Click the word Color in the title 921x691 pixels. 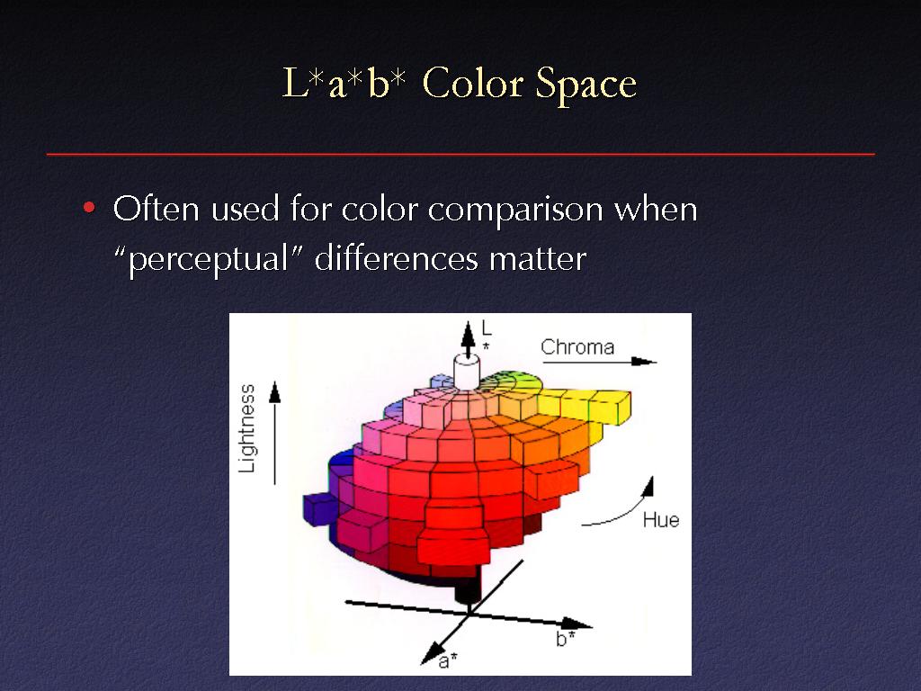[x=473, y=83]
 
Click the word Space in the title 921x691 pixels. [x=586, y=85]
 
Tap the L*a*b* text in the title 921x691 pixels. [x=344, y=83]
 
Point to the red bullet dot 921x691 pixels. [x=89, y=208]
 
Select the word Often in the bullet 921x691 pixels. [x=156, y=208]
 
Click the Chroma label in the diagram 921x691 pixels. [x=577, y=347]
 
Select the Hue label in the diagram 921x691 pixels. [x=661, y=520]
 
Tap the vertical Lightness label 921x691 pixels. [x=247, y=428]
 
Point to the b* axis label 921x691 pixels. [x=565, y=639]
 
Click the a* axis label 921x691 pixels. [x=448, y=661]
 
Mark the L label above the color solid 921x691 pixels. [x=486, y=328]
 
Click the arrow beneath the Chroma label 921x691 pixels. [x=598, y=362]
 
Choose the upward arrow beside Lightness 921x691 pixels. [x=274, y=433]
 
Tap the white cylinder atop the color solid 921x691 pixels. [x=467, y=372]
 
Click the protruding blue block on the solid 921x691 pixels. [x=318, y=508]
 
